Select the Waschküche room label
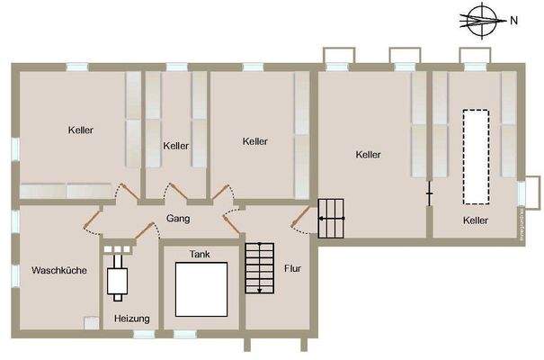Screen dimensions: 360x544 (x=58, y=270)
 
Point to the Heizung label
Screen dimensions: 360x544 (x=131, y=319)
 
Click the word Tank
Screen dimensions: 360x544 (x=199, y=255)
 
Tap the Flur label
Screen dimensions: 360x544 (x=292, y=268)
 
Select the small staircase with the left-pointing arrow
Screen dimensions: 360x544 (x=330, y=219)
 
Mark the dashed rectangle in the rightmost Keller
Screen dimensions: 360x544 (x=476, y=156)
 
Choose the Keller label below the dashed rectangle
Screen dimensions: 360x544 (x=476, y=220)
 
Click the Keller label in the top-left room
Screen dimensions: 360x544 (x=81, y=130)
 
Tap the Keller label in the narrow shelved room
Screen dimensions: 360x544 (x=176, y=146)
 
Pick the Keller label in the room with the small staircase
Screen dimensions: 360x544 (x=368, y=155)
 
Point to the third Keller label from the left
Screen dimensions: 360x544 (x=255, y=141)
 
